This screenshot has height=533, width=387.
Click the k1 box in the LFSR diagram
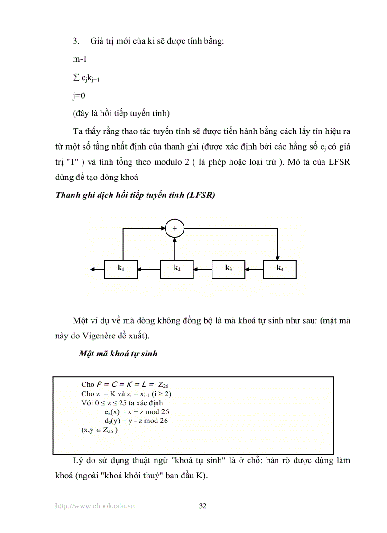pos(121,269)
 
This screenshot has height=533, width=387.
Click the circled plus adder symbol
pos(175,229)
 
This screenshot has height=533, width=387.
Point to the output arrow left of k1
pos(97,269)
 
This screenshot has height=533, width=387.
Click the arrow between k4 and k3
pos(254,269)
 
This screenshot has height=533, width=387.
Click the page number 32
pos(203,506)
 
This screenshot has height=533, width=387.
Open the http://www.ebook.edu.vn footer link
pos(95,506)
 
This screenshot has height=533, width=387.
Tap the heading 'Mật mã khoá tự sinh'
pos(118,354)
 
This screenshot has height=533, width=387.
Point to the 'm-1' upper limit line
pos(80,59)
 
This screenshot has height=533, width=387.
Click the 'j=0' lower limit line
pos(79,96)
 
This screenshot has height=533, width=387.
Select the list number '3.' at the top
pos(76,41)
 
